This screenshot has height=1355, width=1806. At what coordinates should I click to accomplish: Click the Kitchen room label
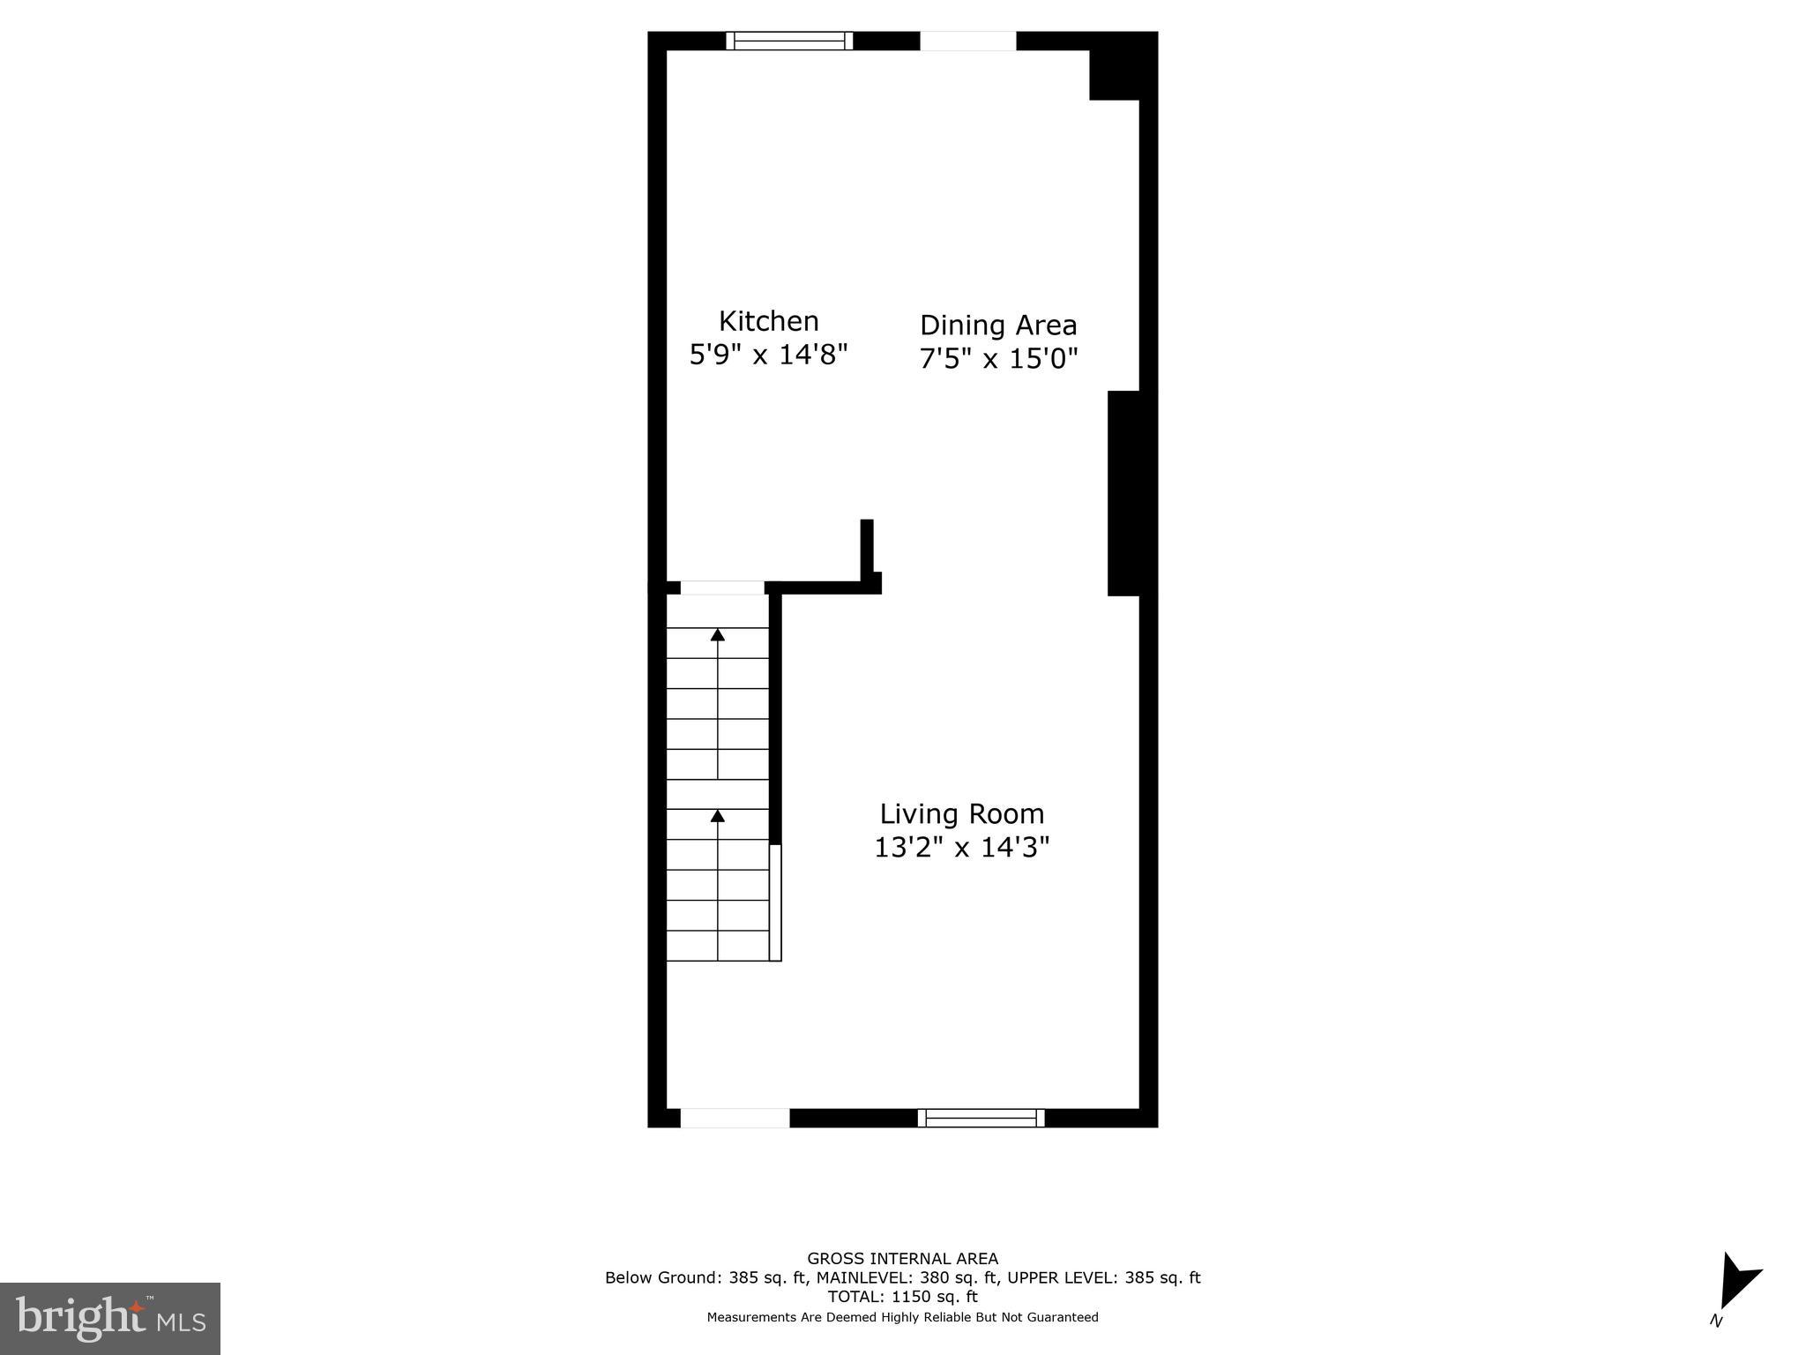[x=768, y=321]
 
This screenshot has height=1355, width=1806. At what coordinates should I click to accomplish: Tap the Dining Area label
[x=998, y=326]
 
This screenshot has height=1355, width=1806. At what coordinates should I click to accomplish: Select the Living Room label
[x=961, y=813]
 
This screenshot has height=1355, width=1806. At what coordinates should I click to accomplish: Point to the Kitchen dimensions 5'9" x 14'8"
[x=768, y=355]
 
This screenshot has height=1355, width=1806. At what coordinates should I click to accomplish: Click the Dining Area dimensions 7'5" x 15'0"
[x=998, y=359]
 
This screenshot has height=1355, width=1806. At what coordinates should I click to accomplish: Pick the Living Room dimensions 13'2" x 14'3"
[x=961, y=847]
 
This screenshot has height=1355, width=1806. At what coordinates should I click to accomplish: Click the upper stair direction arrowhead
[x=718, y=634]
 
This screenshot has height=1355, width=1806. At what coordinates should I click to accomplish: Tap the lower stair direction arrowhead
[x=718, y=816]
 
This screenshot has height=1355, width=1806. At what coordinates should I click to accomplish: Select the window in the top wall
[x=789, y=41]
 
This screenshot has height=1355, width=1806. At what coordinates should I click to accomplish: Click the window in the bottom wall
[x=981, y=1118]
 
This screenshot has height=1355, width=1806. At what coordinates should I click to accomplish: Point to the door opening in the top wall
[x=967, y=41]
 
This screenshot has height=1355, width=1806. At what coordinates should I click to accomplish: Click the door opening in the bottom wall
[x=735, y=1118]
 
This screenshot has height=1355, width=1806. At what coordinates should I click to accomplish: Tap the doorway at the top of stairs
[x=722, y=588]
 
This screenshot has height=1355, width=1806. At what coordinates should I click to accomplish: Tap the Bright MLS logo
[x=109, y=1318]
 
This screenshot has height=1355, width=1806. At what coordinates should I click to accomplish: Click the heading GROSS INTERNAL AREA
[x=902, y=1259]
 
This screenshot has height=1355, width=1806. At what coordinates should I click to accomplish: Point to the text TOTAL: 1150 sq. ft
[x=902, y=1297]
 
